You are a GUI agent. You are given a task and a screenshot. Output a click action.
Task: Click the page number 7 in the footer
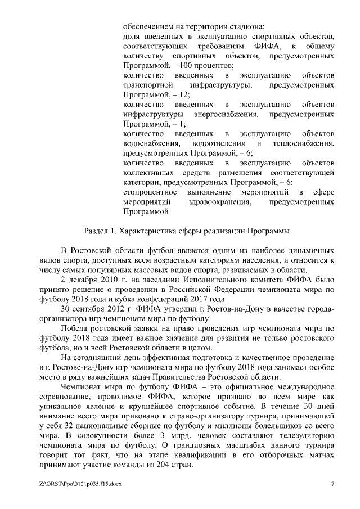pyautogui.click(x=332, y=484)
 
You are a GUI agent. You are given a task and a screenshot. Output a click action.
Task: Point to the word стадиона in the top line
pyautogui.click(x=247, y=25)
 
